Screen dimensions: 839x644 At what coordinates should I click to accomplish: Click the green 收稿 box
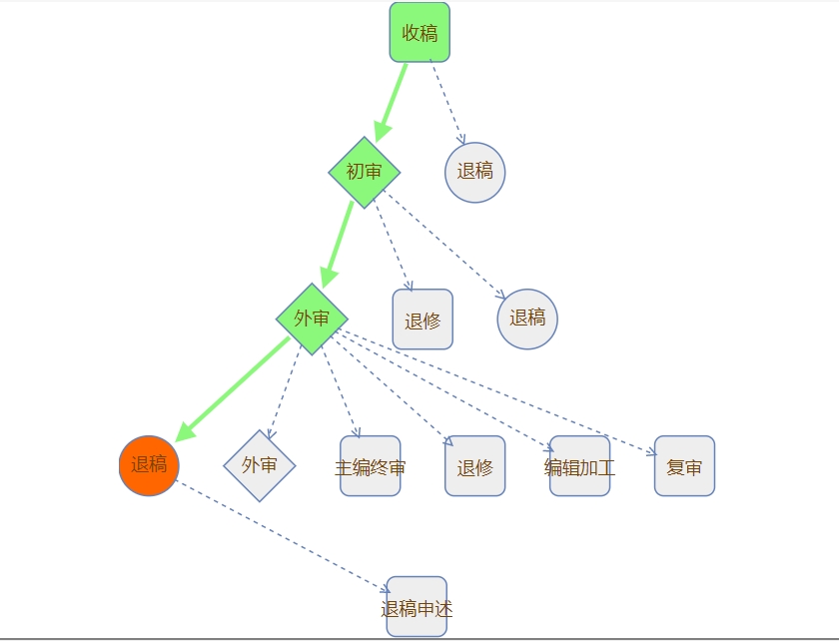coord(419,32)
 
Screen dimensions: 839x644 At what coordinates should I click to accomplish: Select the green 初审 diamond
coord(365,172)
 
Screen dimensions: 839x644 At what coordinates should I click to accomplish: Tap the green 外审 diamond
coord(312,319)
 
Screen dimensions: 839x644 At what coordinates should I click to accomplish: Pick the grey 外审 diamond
coord(260,465)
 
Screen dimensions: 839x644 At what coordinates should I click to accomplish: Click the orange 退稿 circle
coord(149,465)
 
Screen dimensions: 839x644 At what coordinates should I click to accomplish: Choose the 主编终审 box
coord(371,466)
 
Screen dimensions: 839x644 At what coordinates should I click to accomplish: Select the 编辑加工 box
coord(580,466)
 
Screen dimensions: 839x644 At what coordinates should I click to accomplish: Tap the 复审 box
coord(684,466)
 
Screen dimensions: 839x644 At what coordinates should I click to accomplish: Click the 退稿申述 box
coord(417,607)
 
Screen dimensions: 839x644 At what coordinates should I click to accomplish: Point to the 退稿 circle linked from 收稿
coord(475,172)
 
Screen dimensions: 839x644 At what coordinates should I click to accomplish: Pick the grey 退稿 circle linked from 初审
coord(527,319)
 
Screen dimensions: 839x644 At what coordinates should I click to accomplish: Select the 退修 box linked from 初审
coord(422,320)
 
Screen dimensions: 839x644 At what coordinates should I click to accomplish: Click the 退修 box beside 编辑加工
coord(475,466)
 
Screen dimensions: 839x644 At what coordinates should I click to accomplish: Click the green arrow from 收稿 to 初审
coord(392,102)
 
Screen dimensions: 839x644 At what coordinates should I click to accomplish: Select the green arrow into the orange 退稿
coord(233,389)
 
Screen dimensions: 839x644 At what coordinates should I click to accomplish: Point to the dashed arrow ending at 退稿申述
coord(283,537)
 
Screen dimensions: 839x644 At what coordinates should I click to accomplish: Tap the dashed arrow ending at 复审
coord(499,393)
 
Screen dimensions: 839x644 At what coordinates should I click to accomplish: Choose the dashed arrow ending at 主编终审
coord(341,392)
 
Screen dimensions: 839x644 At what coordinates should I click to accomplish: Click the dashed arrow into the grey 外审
coord(284,392)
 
